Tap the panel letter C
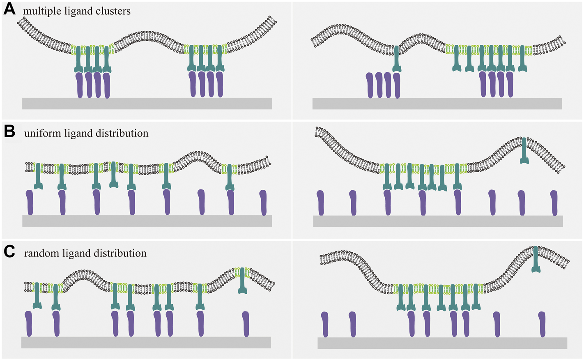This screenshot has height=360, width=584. pyautogui.click(x=9, y=251)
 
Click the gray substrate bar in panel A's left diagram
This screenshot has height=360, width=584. pyautogui.click(x=147, y=103)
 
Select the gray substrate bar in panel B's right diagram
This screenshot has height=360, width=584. pyautogui.click(x=438, y=221)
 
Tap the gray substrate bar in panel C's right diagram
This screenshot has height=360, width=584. pyautogui.click(x=442, y=343)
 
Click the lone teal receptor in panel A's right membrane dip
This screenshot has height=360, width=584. pyautogui.click(x=396, y=60)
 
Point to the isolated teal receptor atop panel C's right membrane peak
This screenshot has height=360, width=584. pyautogui.click(x=536, y=260)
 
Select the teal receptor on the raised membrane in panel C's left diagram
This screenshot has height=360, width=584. pyautogui.click(x=243, y=281)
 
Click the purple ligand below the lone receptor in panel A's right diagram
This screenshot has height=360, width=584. pyautogui.click(x=397, y=85)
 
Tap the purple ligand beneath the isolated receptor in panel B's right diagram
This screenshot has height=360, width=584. pyautogui.click(x=522, y=203)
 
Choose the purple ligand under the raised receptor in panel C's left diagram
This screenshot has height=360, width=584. pyautogui.click(x=246, y=323)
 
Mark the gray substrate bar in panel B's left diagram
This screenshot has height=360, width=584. pyautogui.click(x=147, y=221)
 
